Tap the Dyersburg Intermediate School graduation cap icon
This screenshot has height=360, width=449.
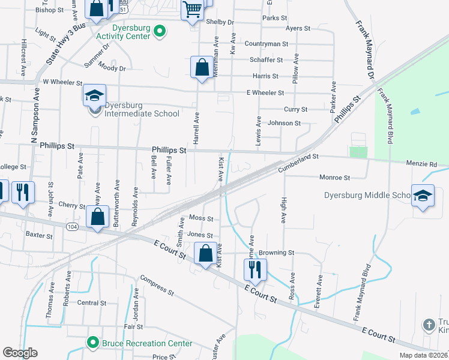coord(94,95)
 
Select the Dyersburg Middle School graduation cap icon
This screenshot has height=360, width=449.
coord(423,196)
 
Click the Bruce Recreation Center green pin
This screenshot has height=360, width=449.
coord(92,343)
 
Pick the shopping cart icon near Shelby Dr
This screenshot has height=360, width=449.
coord(192,9)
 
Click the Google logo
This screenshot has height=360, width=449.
coord(20,353)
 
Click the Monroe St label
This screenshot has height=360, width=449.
coord(334,178)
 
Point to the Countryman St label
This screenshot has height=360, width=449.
coord(267,44)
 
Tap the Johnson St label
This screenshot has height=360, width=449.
coord(284,123)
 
